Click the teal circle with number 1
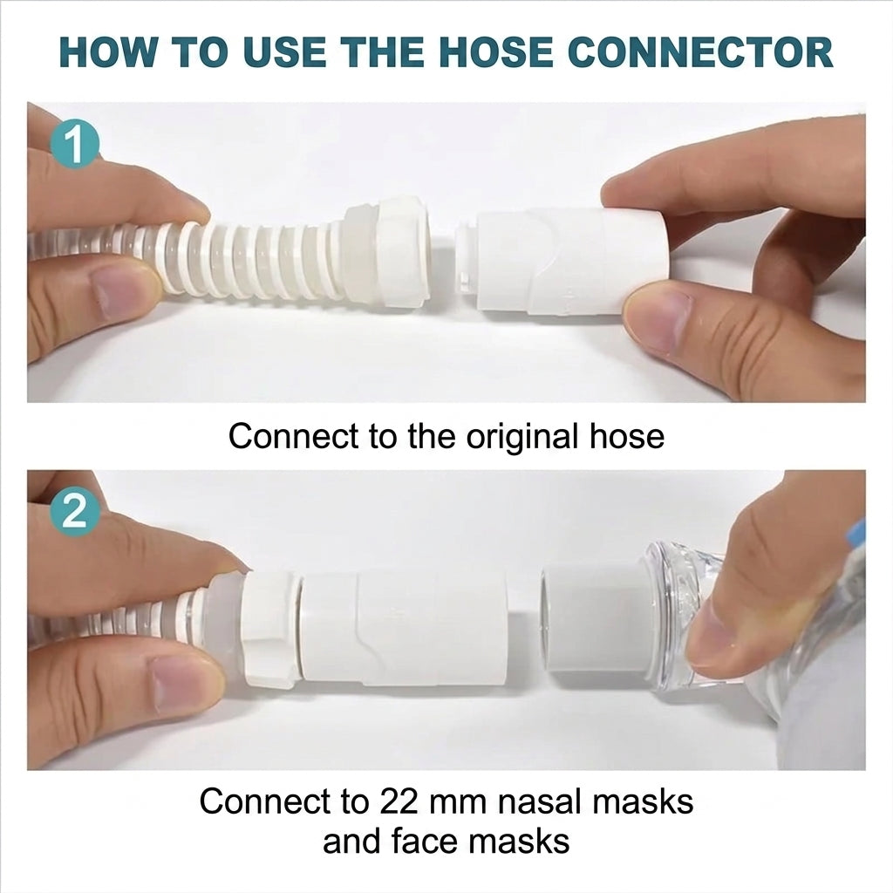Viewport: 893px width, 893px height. pos(74,145)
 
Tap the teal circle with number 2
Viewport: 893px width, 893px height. pos(74,512)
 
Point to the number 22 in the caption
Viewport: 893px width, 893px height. pos(393,801)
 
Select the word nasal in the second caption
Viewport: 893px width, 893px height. pos(540,801)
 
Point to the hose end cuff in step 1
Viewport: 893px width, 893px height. pos(387,250)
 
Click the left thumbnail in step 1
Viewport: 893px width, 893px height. pos(120,292)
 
